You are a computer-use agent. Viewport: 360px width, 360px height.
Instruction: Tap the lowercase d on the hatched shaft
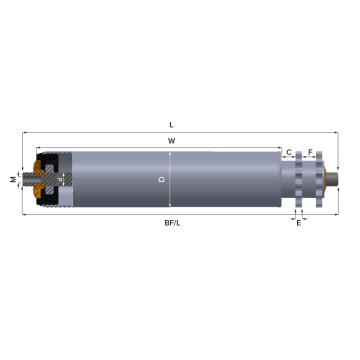point(61,179)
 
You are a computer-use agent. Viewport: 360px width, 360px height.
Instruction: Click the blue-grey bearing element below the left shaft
point(49,193)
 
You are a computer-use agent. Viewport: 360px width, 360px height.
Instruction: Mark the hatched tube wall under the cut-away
point(52,209)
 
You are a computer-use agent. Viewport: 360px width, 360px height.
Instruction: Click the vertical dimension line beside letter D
point(171,180)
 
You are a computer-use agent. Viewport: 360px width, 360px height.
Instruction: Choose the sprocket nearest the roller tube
point(300,180)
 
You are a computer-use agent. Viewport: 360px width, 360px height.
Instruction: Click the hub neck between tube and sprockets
point(289,180)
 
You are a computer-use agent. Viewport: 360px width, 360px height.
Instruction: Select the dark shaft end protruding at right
point(345,180)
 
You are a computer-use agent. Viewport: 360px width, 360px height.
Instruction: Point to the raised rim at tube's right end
point(280,180)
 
